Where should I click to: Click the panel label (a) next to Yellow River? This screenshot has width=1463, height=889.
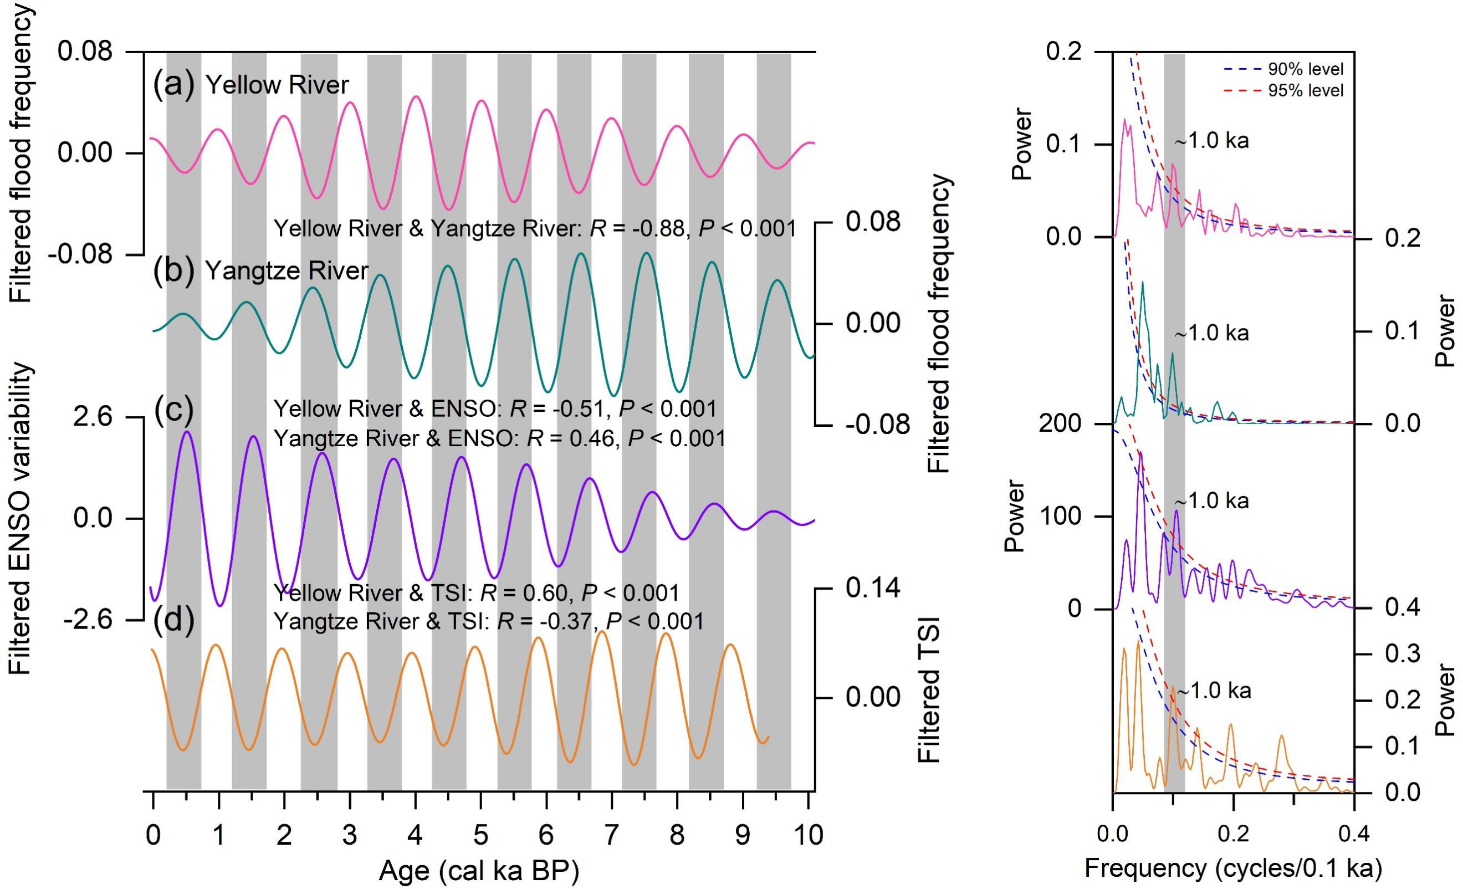[173, 85]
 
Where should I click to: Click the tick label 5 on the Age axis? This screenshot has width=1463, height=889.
[480, 834]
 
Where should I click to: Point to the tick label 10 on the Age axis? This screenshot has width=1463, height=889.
[807, 834]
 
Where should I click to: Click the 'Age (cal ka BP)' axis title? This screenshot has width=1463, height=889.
[479, 871]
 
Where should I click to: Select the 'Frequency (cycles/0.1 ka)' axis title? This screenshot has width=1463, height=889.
[1233, 868]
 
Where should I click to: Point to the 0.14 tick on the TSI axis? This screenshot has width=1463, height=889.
[873, 588]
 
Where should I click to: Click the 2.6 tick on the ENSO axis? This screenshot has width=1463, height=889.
[92, 417]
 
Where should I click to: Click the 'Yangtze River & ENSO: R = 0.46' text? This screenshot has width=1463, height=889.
[499, 439]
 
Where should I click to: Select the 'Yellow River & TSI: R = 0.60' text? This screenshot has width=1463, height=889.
[475, 592]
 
